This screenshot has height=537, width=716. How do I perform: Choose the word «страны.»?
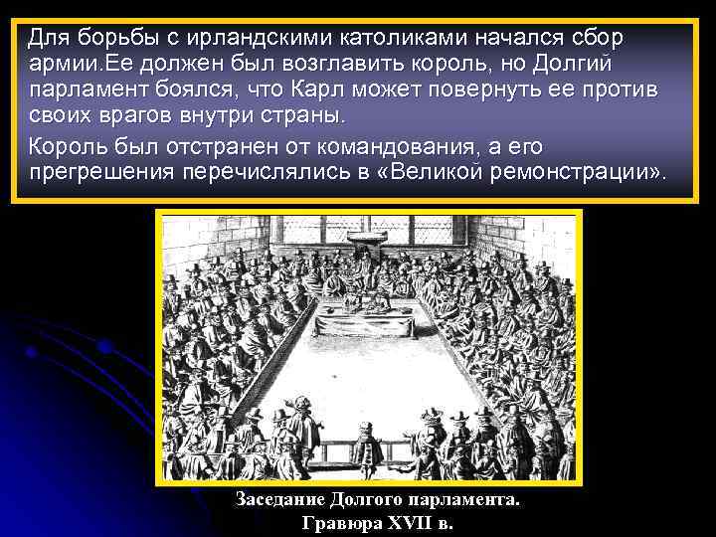coord(298,117)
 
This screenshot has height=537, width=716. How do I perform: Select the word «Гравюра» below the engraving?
coord(334,523)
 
